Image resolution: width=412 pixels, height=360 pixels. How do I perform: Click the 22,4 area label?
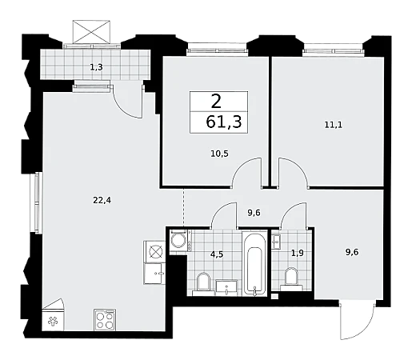coord(102,200)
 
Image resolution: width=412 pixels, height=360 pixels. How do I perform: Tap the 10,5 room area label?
coord(219,154)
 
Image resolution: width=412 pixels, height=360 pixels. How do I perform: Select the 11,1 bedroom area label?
coord(334,125)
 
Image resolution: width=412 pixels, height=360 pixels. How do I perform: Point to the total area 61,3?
coord(224,122)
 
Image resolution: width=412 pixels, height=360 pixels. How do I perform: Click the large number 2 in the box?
coord(216,102)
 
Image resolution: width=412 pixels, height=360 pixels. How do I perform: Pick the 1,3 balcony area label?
coord(96,67)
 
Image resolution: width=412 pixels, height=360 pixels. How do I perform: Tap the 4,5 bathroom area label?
coord(217,254)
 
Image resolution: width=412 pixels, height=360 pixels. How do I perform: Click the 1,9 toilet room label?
coord(297,253)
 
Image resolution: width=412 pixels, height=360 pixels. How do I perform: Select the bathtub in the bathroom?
coord(254,264)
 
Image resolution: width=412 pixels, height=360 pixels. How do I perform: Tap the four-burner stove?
coord(105,320)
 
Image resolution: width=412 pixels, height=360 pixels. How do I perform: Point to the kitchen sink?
coord(154,274)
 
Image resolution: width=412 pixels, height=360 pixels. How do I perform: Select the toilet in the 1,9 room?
coord(291,279)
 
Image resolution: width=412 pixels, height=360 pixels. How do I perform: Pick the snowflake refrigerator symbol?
coord(53,322)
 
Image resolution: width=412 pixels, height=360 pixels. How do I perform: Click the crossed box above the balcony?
coord(91,31)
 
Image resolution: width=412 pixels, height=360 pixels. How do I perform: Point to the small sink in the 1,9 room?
coord(276,242)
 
